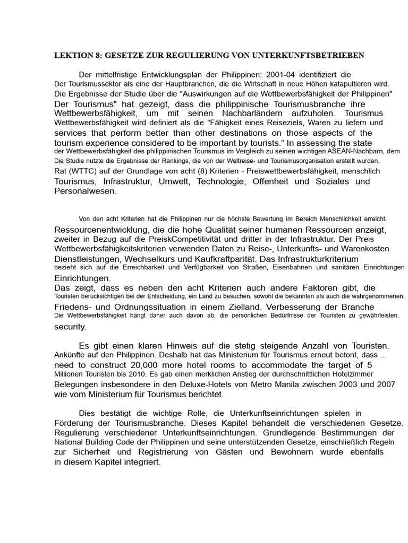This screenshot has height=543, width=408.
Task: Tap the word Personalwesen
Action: pyautogui.click(x=85, y=191)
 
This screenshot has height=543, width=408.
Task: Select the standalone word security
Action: pyautogui.click(x=70, y=327)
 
